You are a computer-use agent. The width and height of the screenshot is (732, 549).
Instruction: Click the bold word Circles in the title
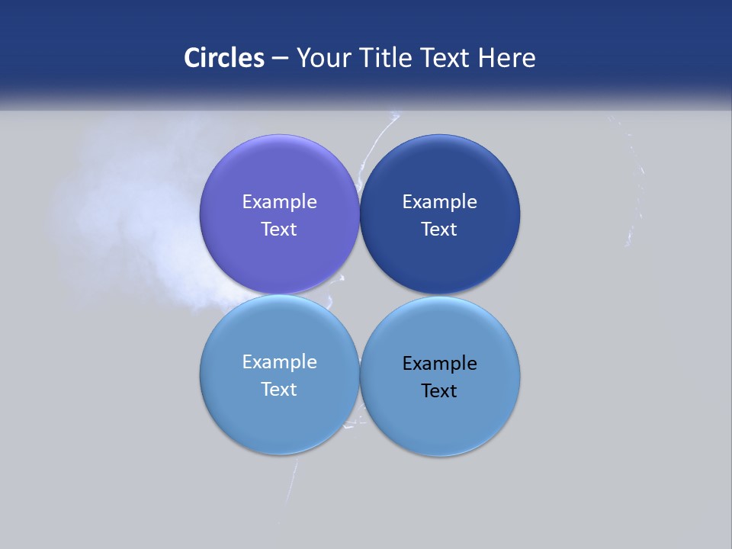tap(224, 58)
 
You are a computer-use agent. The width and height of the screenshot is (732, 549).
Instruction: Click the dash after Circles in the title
tap(280, 59)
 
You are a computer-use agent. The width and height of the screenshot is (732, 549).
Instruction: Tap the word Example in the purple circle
tap(279, 201)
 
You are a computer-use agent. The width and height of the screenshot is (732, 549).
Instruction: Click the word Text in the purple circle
tap(279, 229)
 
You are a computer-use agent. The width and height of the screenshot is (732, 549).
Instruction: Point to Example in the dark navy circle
tap(440, 201)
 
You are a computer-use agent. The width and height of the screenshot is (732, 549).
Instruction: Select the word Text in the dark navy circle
tap(440, 229)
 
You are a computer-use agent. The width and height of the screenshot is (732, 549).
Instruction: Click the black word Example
tap(440, 363)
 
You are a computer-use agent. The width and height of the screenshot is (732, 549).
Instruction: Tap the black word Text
tap(440, 390)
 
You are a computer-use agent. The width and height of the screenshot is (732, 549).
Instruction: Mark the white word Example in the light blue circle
tap(279, 361)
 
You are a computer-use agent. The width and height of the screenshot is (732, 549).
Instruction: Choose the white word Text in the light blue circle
tap(279, 389)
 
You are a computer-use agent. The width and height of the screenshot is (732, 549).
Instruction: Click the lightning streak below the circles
tap(292, 480)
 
